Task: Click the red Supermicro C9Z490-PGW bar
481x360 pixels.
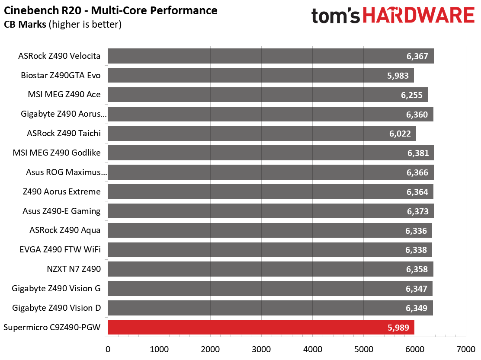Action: click(261, 327)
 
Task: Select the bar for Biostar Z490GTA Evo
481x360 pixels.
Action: click(261, 75)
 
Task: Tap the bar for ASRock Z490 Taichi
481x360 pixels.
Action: click(262, 133)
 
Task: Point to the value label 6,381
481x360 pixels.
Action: click(418, 153)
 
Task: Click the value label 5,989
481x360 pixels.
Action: click(398, 328)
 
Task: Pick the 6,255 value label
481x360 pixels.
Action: click(412, 95)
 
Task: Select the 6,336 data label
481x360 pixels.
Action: click(416, 231)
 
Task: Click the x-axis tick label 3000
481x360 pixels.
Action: click(261, 349)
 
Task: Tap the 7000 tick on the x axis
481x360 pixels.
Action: click(466, 349)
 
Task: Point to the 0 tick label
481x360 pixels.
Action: click(108, 349)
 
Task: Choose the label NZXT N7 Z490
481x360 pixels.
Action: click(74, 269)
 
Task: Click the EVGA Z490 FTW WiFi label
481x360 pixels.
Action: click(60, 249)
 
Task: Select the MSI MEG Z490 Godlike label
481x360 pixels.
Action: click(57, 153)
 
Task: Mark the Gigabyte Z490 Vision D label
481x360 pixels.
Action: click(56, 308)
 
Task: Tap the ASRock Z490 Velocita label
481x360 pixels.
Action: click(59, 56)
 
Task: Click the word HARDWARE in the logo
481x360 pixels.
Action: click(419, 15)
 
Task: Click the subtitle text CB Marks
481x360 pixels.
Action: click(25, 24)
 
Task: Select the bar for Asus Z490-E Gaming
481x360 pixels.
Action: click(271, 211)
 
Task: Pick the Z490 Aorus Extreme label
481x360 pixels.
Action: click(62, 191)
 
